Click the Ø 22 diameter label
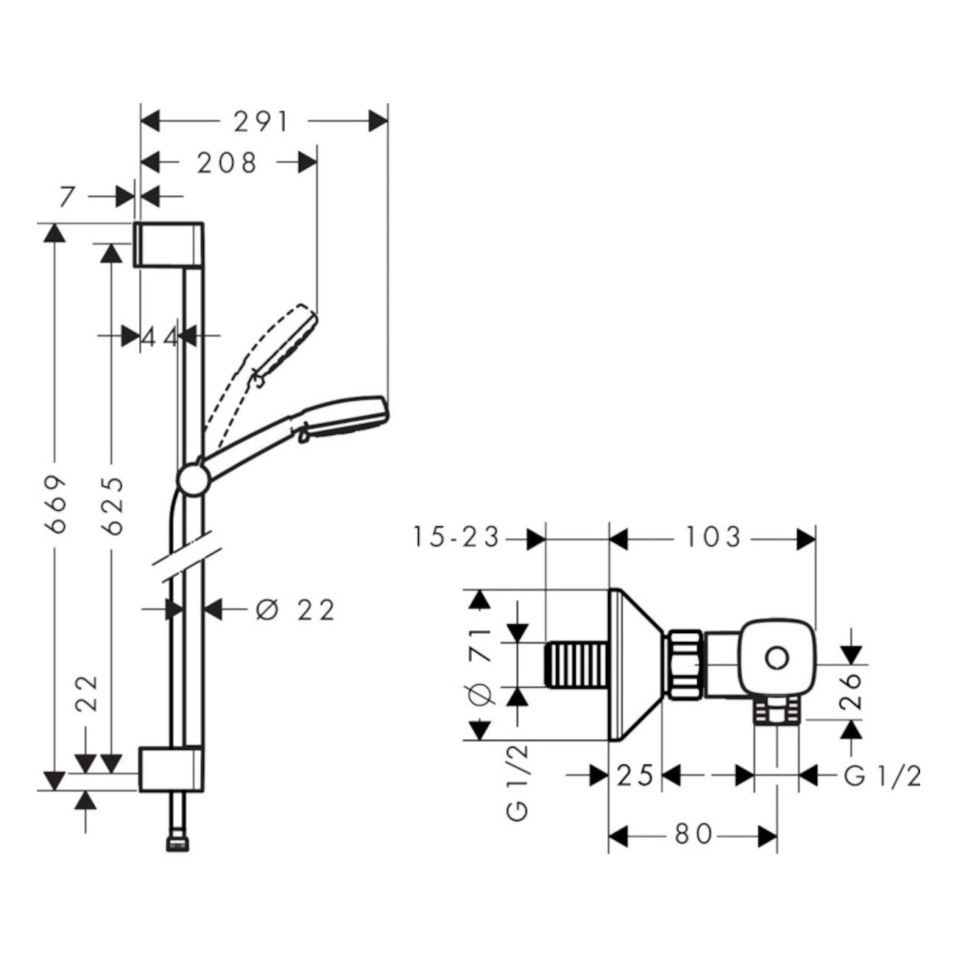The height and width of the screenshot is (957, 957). pos(294,610)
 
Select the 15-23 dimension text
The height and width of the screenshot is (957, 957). pos(456,538)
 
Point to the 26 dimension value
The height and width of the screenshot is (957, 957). pos(852,690)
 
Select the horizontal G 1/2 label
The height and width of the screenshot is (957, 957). pos(882,776)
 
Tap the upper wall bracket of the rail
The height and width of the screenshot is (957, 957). pos(169,243)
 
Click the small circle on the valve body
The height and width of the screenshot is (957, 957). pos(775,657)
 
